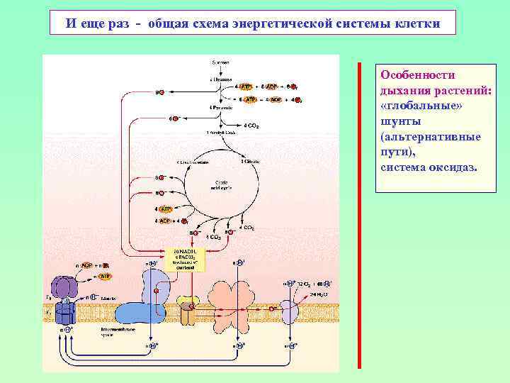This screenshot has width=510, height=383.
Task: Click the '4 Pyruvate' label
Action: (x=221, y=107)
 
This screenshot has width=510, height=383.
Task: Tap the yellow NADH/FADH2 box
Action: (x=188, y=259)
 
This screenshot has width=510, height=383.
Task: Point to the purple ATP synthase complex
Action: (x=64, y=298)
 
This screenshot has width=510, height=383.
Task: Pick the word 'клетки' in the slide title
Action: (x=418, y=23)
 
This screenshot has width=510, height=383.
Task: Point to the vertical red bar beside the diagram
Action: (x=359, y=213)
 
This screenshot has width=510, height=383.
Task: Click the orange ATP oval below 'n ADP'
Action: (x=104, y=276)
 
